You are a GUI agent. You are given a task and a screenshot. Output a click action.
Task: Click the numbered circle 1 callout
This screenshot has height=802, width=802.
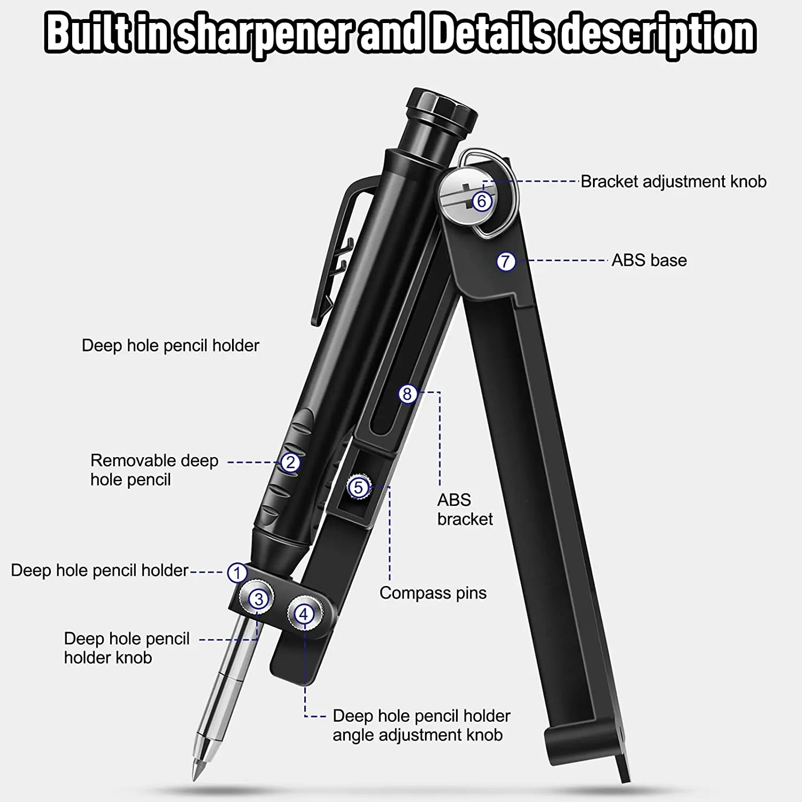click(237, 573)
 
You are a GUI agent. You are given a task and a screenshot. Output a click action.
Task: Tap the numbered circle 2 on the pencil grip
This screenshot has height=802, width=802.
click(290, 462)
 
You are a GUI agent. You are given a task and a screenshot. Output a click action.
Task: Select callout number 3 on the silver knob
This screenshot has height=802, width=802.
click(259, 599)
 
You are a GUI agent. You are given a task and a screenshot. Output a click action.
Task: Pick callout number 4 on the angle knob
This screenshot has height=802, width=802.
click(304, 614)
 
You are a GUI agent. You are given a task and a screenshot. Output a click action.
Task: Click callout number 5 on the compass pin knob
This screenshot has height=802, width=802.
click(358, 487)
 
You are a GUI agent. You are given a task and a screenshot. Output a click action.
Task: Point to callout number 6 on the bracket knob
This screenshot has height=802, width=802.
click(482, 201)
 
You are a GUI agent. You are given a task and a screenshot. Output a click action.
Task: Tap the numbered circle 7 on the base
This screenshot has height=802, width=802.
click(506, 261)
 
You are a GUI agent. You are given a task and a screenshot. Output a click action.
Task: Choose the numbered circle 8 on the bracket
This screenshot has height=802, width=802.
click(407, 394)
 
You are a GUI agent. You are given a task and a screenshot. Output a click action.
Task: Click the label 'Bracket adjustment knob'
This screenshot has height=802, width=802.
click(673, 182)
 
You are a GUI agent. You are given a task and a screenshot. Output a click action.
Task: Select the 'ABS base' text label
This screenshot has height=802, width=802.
click(649, 260)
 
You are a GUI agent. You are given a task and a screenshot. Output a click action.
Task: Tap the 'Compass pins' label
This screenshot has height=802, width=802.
click(433, 593)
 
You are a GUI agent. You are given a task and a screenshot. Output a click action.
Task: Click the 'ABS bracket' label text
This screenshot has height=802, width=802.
click(464, 509)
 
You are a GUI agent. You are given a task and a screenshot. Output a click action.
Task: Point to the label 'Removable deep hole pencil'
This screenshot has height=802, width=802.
click(154, 470)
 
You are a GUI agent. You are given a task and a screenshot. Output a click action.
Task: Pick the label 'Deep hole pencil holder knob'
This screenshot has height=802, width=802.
click(127, 648)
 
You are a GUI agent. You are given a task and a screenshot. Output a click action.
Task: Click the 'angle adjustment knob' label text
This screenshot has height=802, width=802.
click(417, 735)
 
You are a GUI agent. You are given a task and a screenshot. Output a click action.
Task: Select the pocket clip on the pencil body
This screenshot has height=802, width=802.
click(337, 251)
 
